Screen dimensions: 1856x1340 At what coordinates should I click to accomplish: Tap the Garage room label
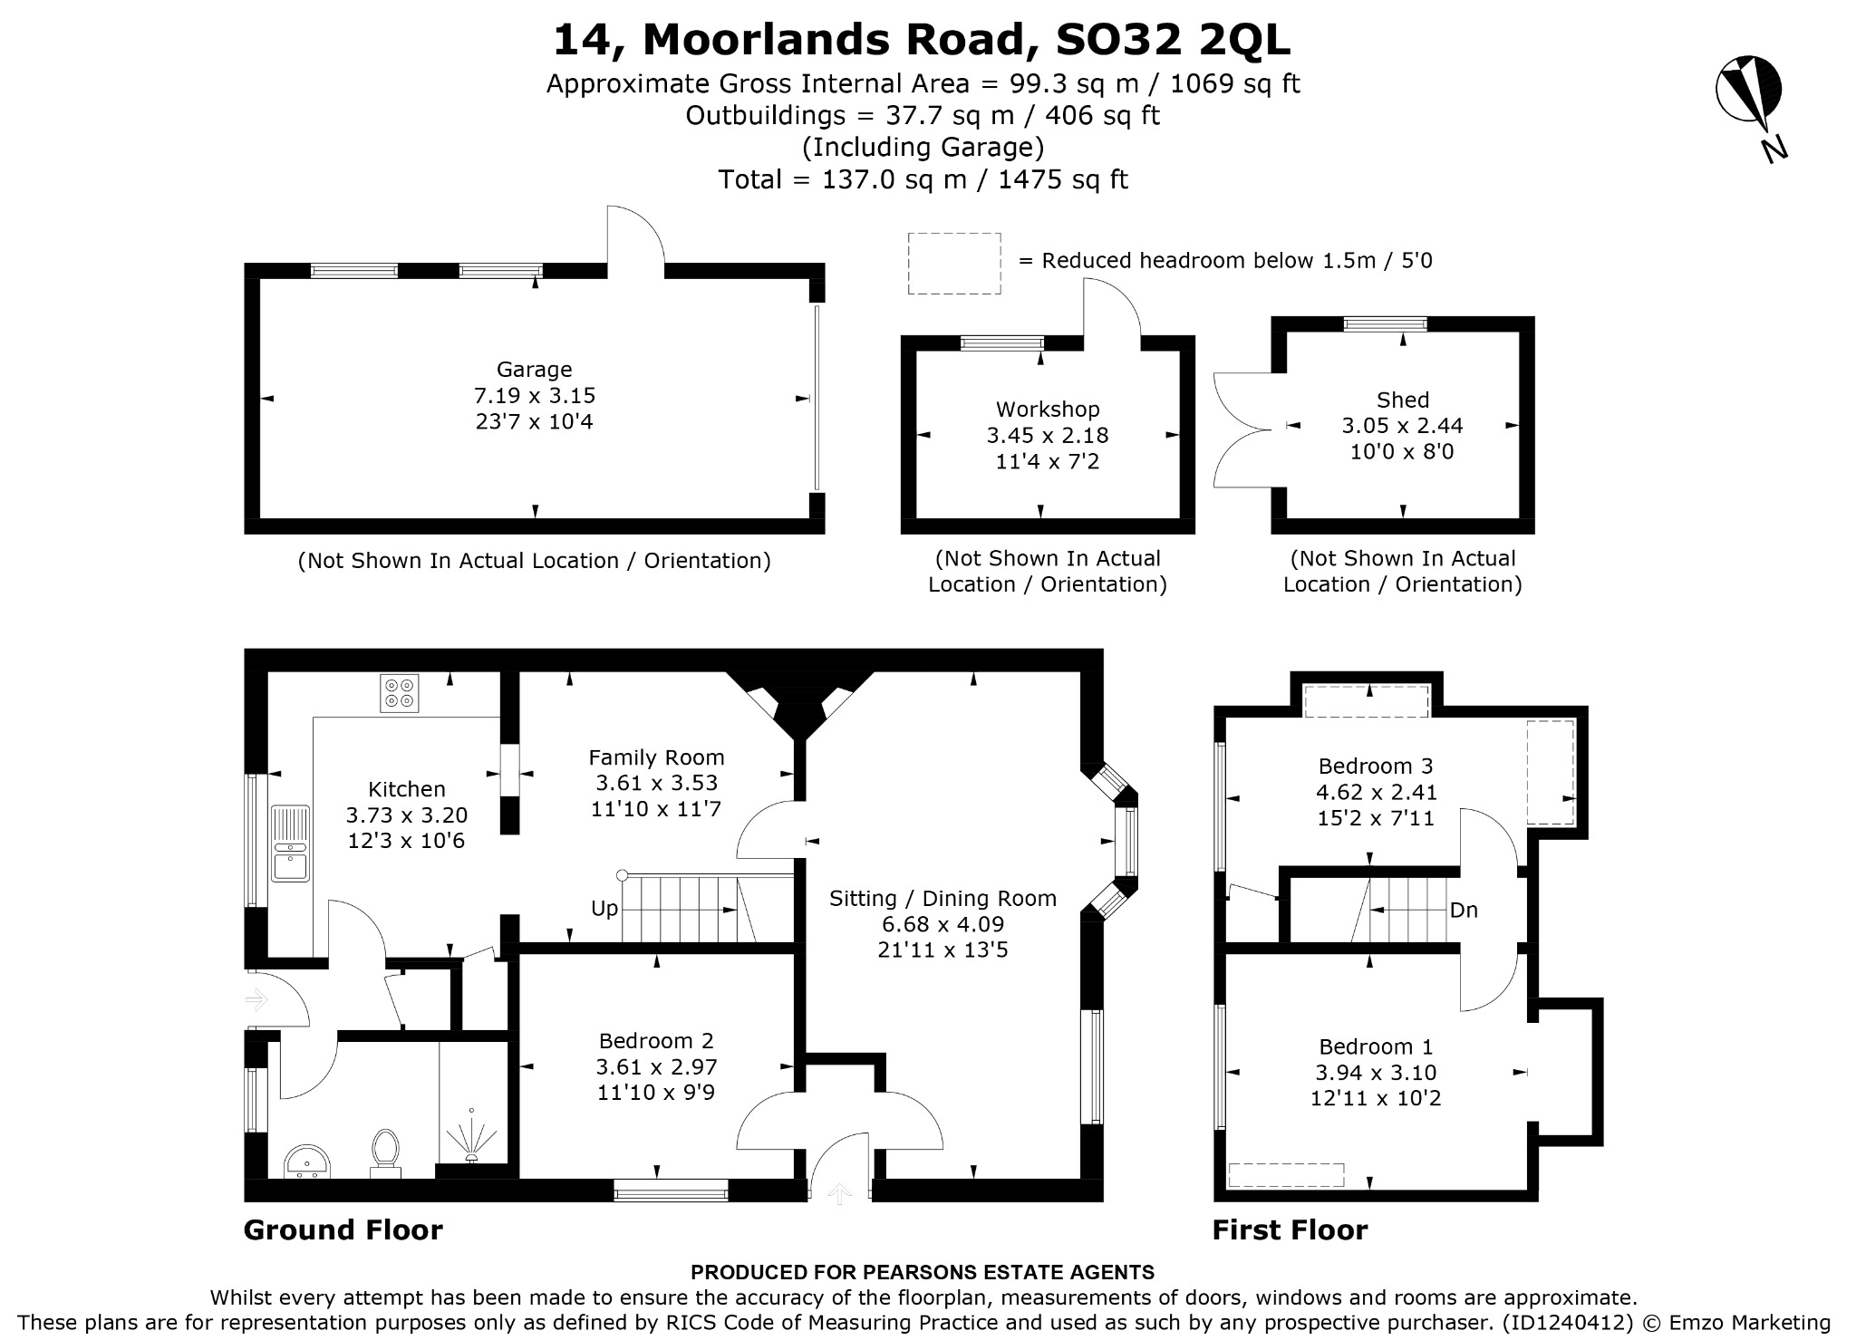[x=534, y=370]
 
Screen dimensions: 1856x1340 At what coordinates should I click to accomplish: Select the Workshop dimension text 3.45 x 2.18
[x=1048, y=436]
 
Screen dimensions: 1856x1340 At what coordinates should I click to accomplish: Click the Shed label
[x=1402, y=400]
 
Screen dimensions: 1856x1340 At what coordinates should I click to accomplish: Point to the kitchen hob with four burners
[x=400, y=693]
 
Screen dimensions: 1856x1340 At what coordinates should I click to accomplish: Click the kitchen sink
[x=289, y=844]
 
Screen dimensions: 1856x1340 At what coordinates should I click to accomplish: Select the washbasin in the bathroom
[x=308, y=1161]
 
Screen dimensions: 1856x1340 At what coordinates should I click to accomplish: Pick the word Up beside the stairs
[x=604, y=909]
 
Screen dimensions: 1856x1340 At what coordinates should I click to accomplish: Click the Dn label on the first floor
[x=1464, y=910]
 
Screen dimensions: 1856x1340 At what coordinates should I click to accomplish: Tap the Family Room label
[x=656, y=757]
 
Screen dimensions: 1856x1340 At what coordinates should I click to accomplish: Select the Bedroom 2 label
[x=656, y=1041]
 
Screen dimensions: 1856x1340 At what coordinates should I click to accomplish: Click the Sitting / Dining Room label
[x=942, y=899]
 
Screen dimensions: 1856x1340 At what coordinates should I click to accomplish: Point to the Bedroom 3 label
[x=1376, y=766]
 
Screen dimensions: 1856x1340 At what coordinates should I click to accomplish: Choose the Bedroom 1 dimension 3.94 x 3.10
[x=1376, y=1073]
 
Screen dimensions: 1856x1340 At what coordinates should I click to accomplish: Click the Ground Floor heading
[x=343, y=1229]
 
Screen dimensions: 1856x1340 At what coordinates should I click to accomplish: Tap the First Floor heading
[x=1290, y=1229]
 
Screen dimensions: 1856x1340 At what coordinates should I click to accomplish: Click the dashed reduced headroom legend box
[x=955, y=263]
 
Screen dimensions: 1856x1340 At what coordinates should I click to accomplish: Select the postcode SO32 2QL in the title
[x=1174, y=40]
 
